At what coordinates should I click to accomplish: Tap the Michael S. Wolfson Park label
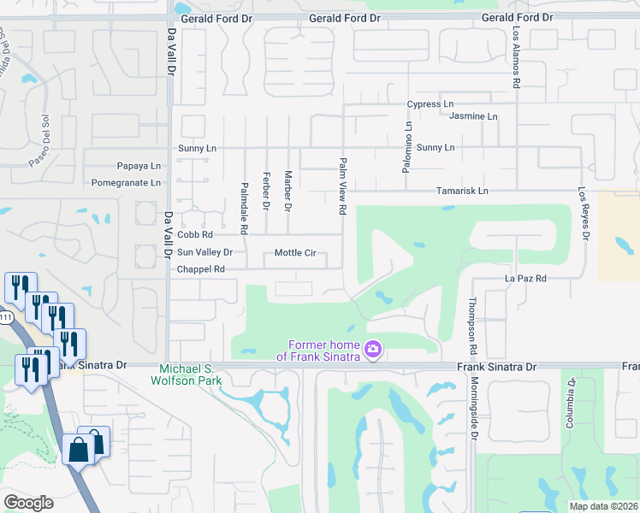[189, 374]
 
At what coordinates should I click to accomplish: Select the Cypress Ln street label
[430, 104]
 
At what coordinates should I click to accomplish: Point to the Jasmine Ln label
[472, 116]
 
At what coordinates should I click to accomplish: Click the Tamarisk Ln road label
[461, 191]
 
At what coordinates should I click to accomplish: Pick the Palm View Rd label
[342, 186]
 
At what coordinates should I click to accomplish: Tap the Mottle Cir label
[295, 253]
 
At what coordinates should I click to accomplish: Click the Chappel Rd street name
[200, 269]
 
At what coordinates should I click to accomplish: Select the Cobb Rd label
[195, 234]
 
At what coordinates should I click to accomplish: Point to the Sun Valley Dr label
[204, 252]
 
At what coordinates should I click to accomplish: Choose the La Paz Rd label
[525, 279]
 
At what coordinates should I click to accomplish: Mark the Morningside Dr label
[473, 410]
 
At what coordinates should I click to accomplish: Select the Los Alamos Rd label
[517, 57]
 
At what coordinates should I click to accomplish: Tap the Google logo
[29, 502]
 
